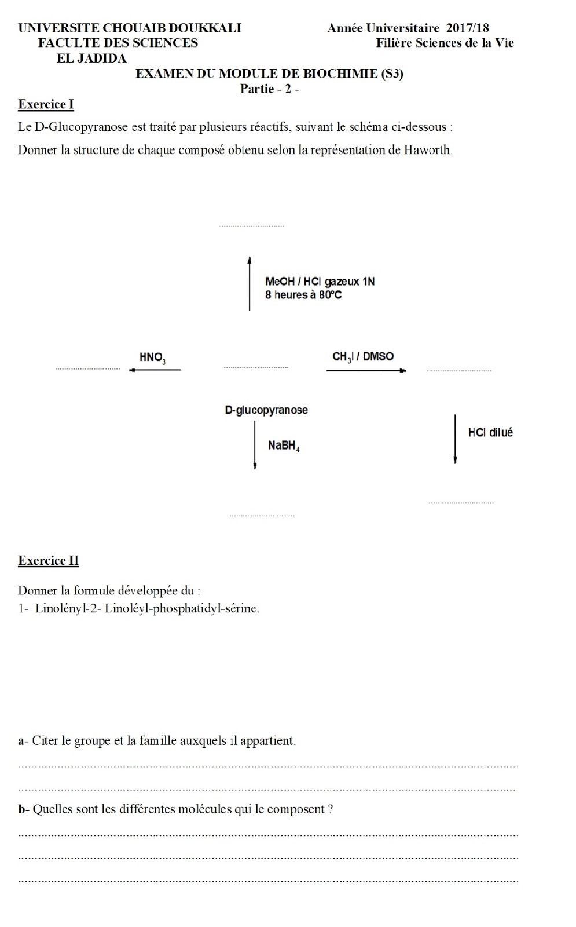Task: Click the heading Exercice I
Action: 46,105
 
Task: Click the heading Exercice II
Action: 48,561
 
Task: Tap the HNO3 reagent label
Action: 153,357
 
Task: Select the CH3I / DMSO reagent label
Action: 363,357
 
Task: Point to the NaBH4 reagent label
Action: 284,446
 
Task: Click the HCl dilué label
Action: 490,433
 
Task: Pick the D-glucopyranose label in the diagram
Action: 266,410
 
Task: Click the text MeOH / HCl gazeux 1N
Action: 320,282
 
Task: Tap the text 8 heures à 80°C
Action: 303,295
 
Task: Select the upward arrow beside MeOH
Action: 250,284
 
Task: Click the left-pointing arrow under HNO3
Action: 155,370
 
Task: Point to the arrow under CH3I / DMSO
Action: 366,370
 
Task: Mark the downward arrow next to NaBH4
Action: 255,445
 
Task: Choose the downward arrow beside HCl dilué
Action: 455,439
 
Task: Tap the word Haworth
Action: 428,150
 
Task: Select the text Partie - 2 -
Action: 269,89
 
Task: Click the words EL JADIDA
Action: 91,59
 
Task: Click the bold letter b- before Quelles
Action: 23,809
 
